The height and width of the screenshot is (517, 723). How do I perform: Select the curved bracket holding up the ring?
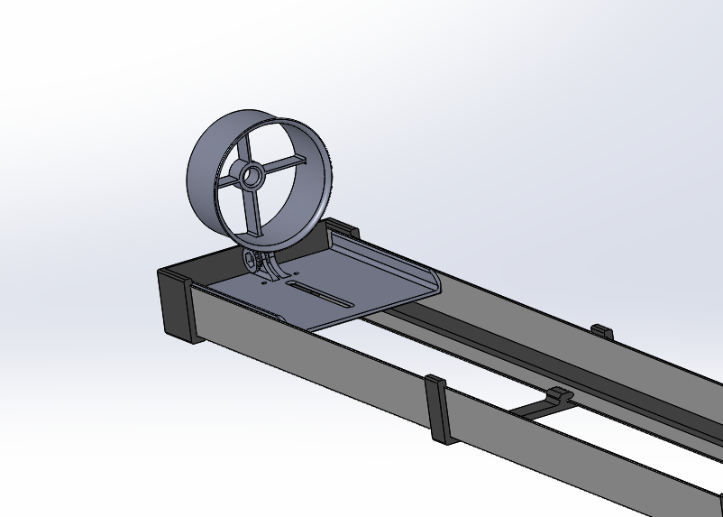(279, 268)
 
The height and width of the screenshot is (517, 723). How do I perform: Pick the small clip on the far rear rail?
(601, 331)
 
